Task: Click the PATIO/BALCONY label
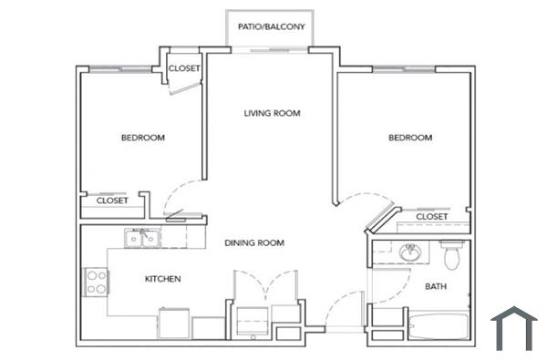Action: (x=271, y=26)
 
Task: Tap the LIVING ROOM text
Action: (x=272, y=114)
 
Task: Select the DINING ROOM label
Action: (x=255, y=243)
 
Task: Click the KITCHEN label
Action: (x=161, y=279)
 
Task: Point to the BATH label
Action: (x=436, y=287)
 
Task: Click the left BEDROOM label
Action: (x=143, y=139)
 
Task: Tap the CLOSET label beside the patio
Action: (x=184, y=68)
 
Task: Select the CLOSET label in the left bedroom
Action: (x=112, y=201)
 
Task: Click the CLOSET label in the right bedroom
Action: (x=431, y=216)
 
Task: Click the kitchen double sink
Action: (x=141, y=239)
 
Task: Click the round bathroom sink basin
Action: (x=408, y=252)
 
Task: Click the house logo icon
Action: (x=514, y=328)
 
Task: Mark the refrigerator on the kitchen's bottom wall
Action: (x=174, y=323)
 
